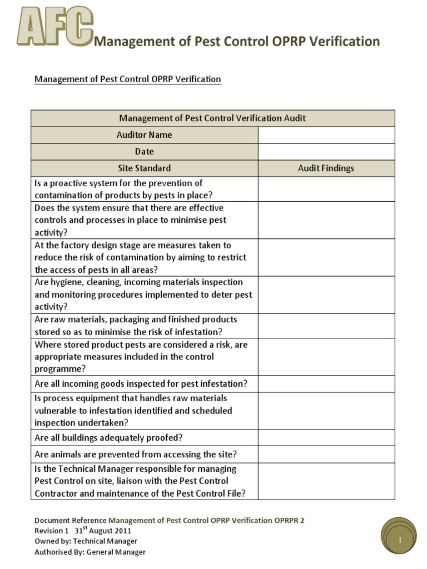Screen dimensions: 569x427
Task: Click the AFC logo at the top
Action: coord(54,28)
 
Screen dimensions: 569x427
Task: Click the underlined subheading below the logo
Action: coord(128,79)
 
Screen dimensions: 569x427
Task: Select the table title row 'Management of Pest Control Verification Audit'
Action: coord(212,118)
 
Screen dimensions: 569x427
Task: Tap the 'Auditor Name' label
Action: coord(144,135)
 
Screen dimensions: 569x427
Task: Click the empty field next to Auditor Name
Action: coord(326,135)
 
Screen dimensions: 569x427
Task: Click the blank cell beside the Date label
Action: coord(326,152)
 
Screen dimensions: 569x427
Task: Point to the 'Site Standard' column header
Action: coord(144,168)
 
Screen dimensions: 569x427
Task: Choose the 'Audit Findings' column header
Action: coord(326,168)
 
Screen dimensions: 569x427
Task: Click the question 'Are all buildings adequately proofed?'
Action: coord(108,437)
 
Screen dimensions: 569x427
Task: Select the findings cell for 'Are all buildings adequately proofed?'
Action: coord(326,437)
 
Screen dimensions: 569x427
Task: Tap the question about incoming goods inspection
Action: coord(141,384)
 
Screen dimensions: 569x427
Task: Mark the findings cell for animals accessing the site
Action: coord(326,455)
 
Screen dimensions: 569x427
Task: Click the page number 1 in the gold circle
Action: coord(399,540)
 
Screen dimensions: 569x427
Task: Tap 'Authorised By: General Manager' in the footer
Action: coord(90,552)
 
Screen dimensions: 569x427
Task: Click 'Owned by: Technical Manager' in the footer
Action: coord(86,541)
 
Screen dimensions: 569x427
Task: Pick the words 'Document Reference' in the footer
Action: coord(70,521)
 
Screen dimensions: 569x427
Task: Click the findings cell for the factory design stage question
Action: coord(326,257)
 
